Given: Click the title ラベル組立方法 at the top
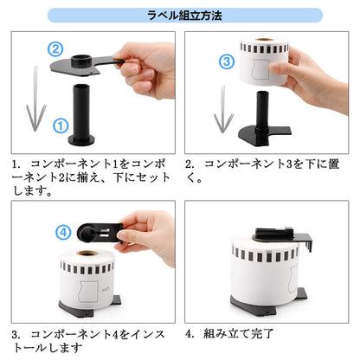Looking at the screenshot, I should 180,15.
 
